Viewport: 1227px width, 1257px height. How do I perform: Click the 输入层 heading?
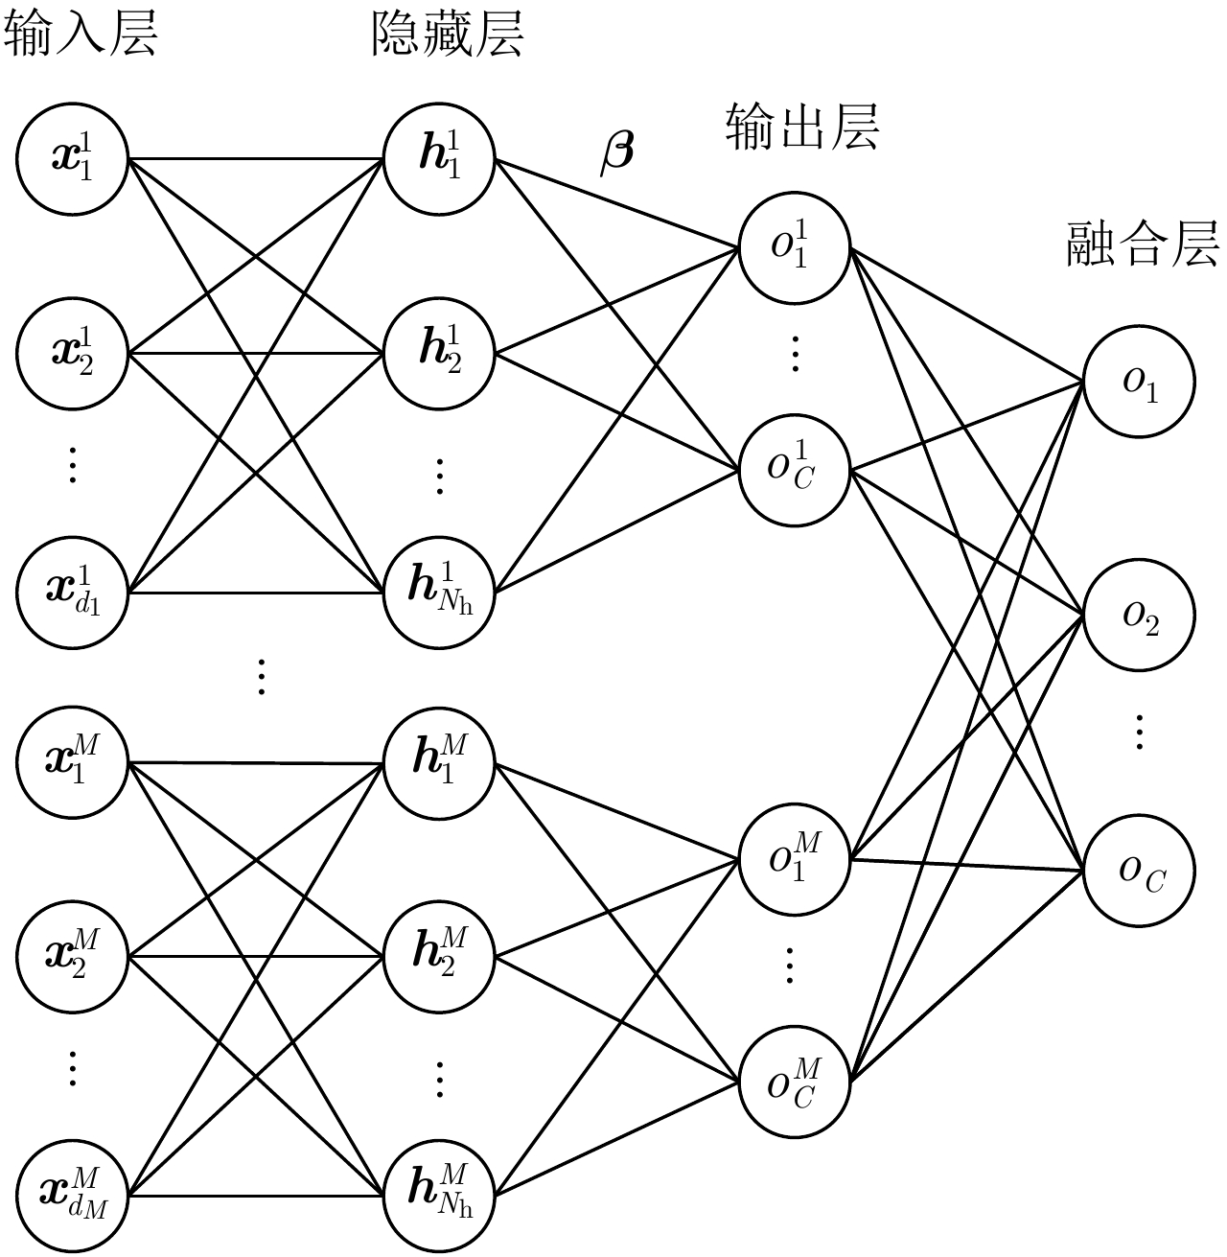coord(81,35)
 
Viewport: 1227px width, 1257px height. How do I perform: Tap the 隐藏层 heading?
coord(447,35)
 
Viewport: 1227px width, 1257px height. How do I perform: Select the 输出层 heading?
coord(802,127)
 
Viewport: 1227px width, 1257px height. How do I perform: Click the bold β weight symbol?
coord(616,152)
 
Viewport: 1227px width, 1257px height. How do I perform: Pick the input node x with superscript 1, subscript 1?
coord(72,159)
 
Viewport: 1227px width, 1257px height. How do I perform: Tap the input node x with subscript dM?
coord(72,1195)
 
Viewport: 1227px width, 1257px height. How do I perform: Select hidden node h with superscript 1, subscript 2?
coord(439,353)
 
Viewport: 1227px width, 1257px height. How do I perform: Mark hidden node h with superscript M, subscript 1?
coord(439,762)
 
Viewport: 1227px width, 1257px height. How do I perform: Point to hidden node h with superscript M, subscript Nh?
coord(439,1195)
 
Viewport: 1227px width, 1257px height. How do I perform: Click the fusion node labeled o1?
coord(1139,382)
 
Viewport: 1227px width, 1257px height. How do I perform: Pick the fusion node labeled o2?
coord(1139,617)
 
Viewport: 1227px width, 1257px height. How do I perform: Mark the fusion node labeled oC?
coord(1139,870)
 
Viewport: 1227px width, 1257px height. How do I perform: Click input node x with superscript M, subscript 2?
coord(72,956)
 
